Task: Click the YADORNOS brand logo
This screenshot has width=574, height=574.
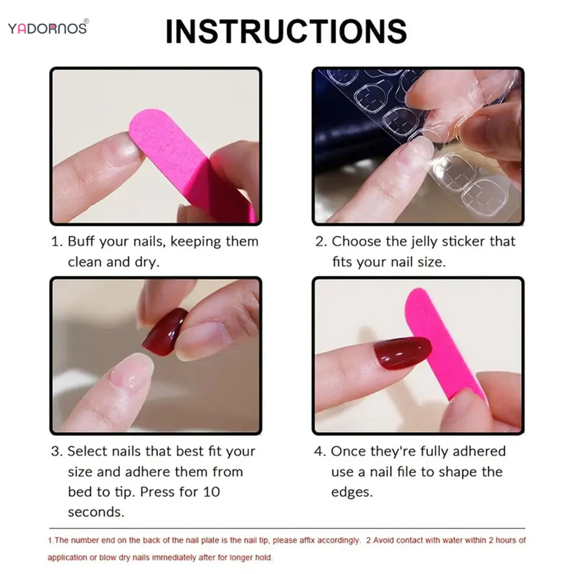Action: (x=47, y=29)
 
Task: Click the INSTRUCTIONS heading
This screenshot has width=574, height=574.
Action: (x=286, y=31)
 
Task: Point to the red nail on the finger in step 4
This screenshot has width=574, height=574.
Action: (x=401, y=353)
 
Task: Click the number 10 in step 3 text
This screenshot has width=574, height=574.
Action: (x=211, y=492)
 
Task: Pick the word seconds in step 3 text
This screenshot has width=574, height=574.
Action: (x=96, y=512)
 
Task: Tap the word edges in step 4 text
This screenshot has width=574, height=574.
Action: (x=352, y=492)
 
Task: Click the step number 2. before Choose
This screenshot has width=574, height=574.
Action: (x=321, y=242)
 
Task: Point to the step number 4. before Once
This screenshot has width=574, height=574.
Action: (x=320, y=452)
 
